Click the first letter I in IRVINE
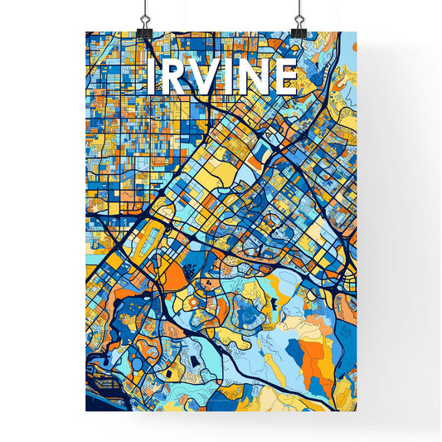(x=149, y=76)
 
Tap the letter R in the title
(x=170, y=76)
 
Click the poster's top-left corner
(x=86, y=32)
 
